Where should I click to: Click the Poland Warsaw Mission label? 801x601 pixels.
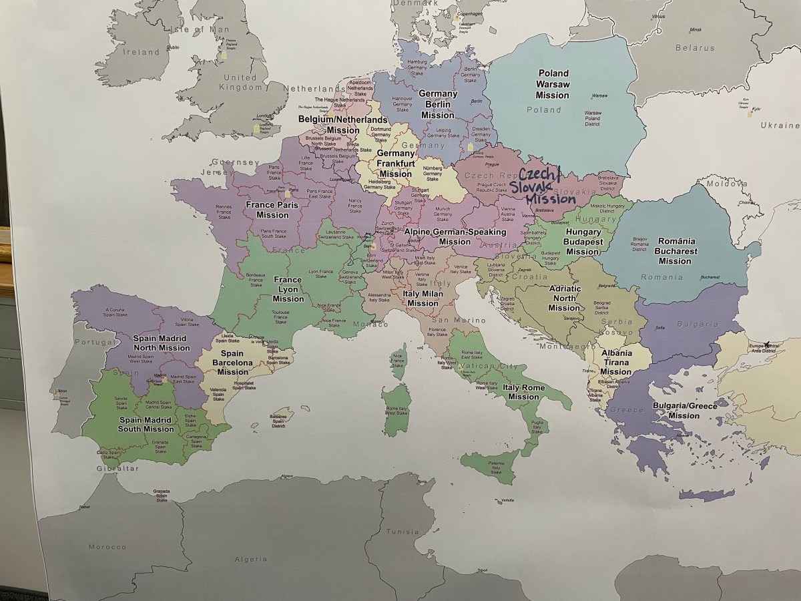point(553,84)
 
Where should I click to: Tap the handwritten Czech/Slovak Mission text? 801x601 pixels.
point(544,186)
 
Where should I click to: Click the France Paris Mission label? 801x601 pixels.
point(272,210)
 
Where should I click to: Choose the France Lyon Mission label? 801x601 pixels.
point(288,289)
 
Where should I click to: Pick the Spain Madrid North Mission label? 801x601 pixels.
point(162,343)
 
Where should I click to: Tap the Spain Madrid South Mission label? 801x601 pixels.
point(146,424)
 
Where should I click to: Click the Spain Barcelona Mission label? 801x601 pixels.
point(233,363)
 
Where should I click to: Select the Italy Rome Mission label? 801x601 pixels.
point(523,392)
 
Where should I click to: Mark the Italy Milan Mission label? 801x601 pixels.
point(423,298)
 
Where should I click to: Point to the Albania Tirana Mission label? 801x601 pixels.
point(615,363)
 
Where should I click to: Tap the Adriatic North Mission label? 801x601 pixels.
point(564,298)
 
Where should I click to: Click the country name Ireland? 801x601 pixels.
point(140,52)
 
